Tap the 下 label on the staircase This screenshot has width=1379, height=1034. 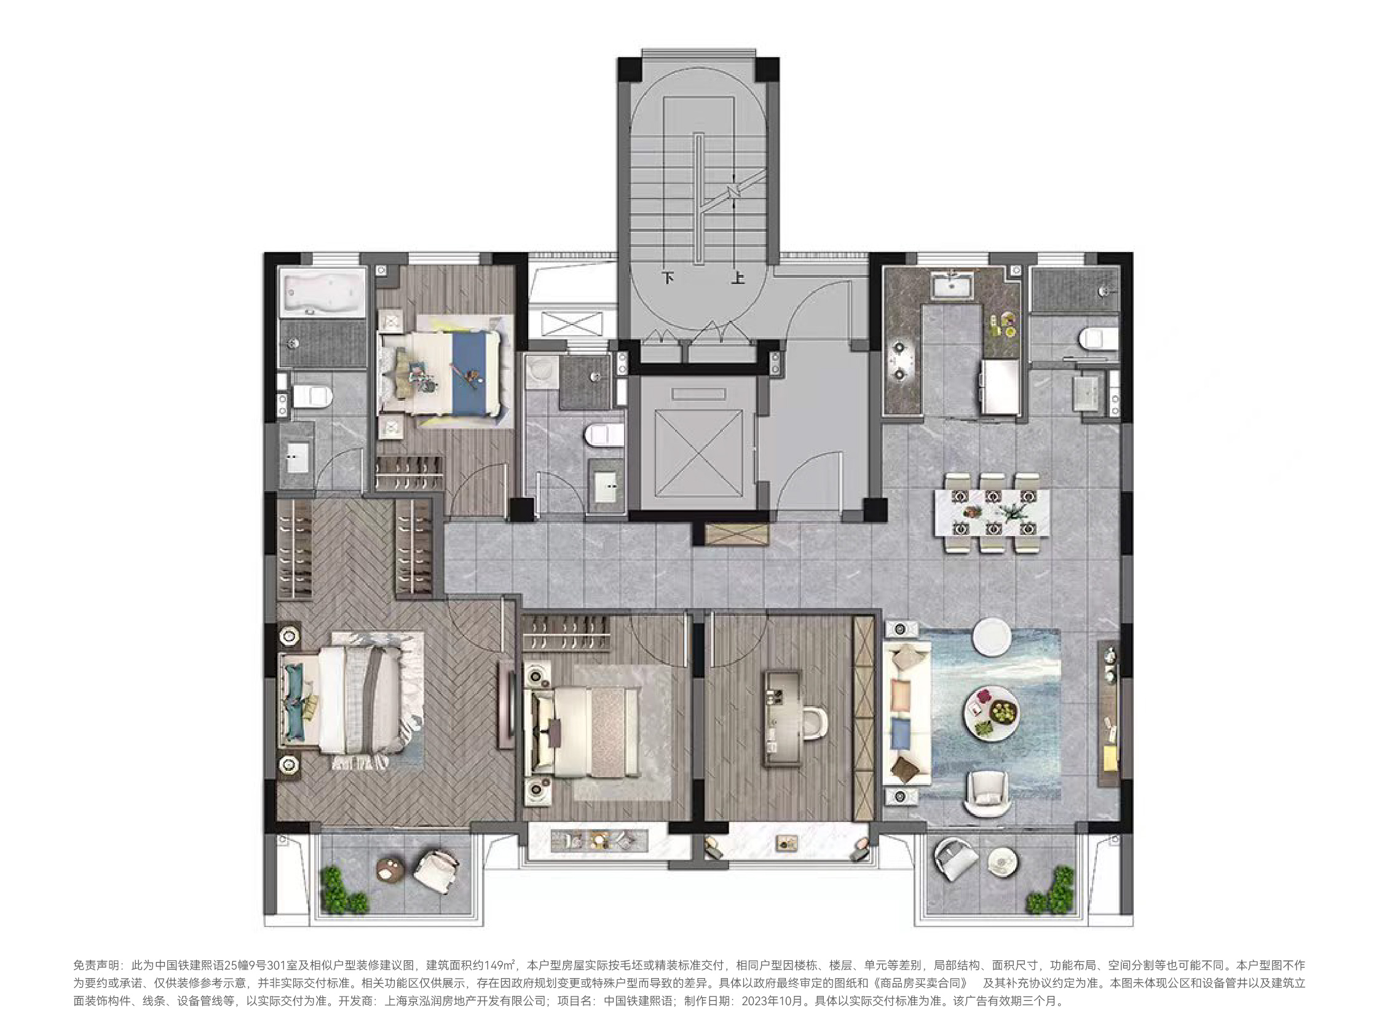coord(668,278)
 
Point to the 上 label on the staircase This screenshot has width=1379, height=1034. coord(738,278)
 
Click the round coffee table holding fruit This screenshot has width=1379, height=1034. coord(991,711)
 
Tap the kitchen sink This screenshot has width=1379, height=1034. coord(952,286)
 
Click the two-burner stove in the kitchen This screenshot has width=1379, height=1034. coord(901,360)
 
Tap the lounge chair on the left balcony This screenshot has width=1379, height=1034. coord(436,870)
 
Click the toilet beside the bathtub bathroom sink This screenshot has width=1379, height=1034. coord(312,396)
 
